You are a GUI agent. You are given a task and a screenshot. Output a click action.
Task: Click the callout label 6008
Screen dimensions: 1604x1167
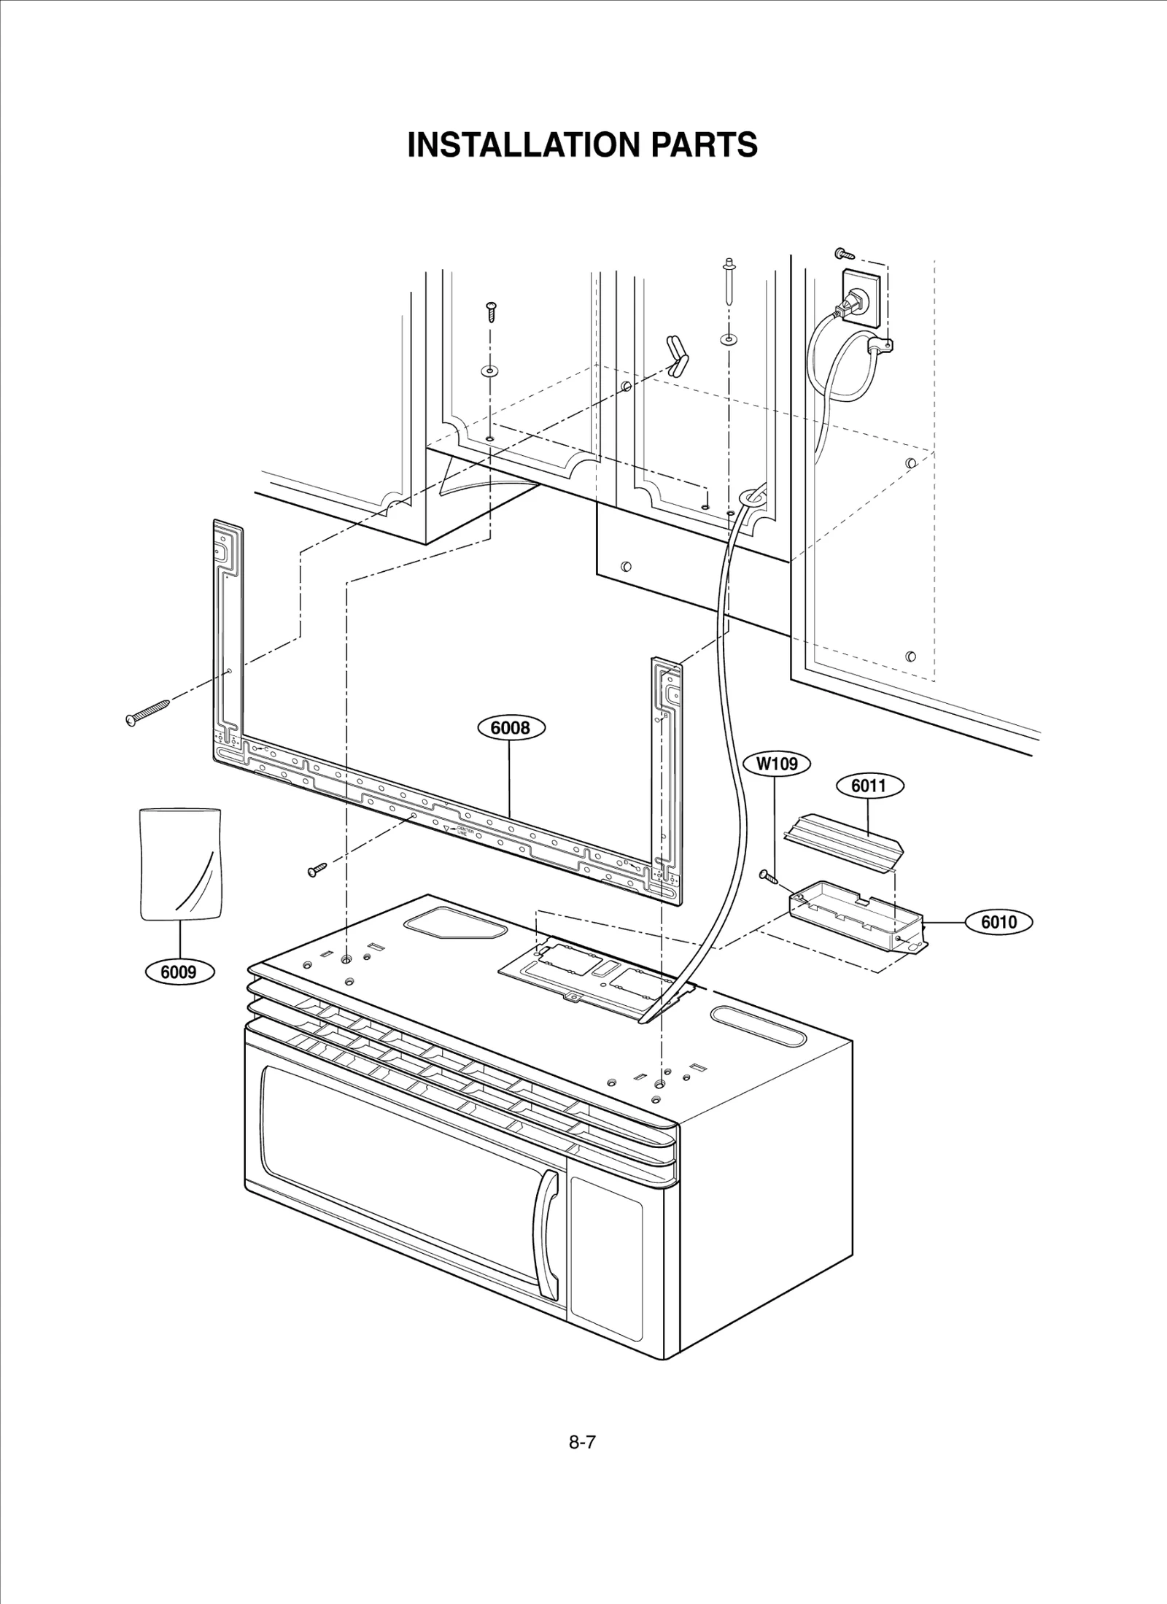511,728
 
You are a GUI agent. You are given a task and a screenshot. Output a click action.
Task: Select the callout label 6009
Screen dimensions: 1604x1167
179,972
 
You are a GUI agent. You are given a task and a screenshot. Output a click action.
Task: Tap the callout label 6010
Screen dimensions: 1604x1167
999,922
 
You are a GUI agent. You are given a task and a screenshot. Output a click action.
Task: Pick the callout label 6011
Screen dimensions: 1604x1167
868,786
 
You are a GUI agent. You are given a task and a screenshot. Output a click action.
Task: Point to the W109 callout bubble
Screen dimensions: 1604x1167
777,764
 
